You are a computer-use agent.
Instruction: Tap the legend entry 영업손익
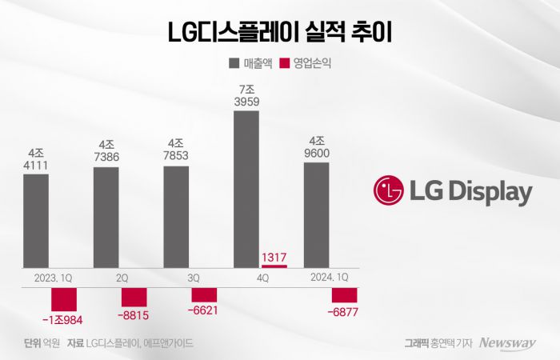306,63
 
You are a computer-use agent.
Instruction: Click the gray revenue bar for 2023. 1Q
35,220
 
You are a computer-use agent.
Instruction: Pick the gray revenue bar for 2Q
106,216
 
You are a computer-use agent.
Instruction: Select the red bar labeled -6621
204,294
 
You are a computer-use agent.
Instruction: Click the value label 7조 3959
246,94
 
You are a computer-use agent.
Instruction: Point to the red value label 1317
274,256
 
